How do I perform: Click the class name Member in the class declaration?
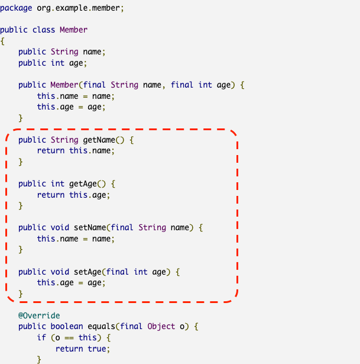coord(74,30)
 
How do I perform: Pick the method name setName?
coord(87,228)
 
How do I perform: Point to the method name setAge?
coord(85,272)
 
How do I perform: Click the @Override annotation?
coord(39,315)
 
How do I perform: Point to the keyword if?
coord(41,337)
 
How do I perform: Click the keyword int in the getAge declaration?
coord(57,183)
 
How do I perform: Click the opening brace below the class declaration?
coord(2,41)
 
